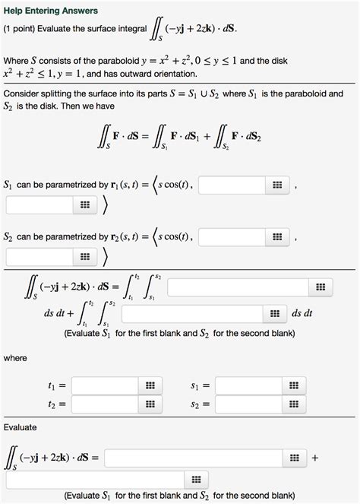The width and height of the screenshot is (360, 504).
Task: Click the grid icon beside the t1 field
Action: [x=150, y=386]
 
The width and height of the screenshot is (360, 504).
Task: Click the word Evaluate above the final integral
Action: [x=21, y=427]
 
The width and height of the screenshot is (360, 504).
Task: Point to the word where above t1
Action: [x=15, y=357]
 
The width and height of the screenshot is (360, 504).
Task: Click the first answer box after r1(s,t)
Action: [x=232, y=184]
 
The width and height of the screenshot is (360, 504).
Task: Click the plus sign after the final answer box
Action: [x=315, y=458]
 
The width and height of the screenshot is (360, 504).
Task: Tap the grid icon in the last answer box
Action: [x=195, y=479]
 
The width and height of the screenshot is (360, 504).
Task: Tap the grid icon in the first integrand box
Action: [x=320, y=287]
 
